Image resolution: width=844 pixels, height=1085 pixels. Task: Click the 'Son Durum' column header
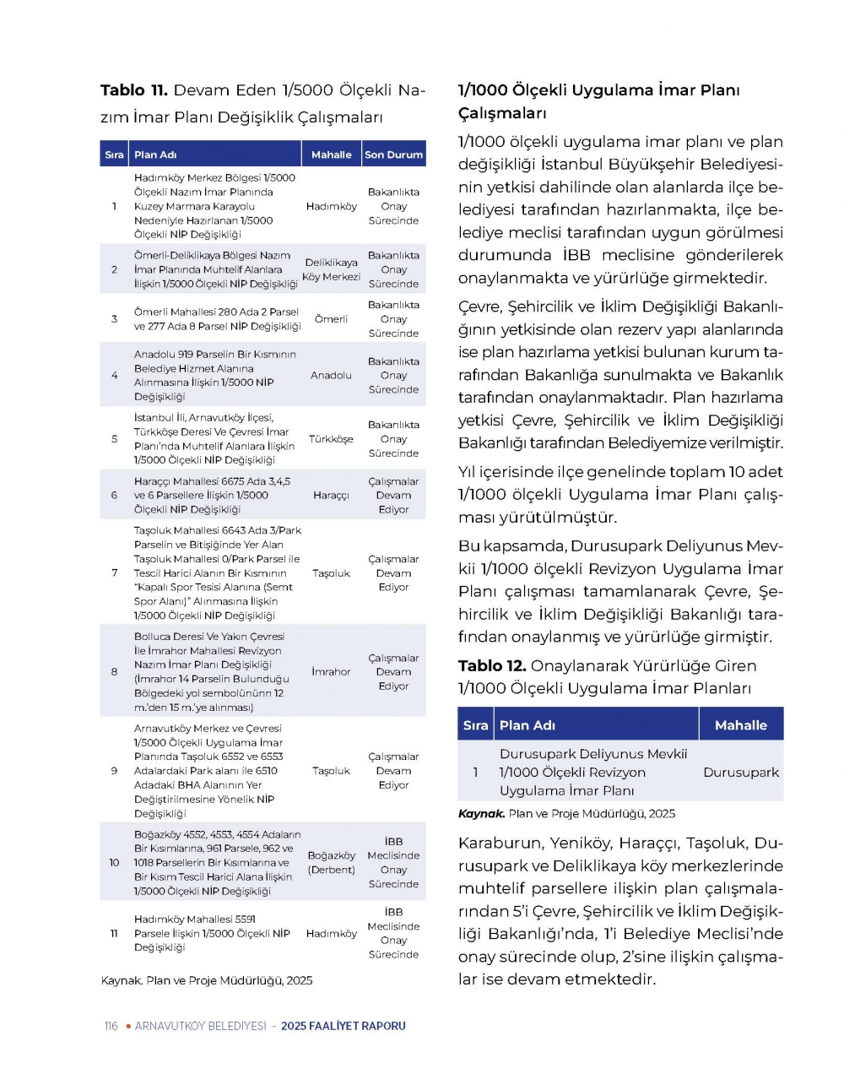(x=393, y=155)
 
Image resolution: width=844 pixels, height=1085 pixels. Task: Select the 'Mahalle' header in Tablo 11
(x=331, y=155)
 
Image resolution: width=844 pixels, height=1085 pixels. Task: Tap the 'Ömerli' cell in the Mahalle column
(x=331, y=319)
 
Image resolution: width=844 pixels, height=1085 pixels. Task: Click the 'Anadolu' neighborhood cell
(x=331, y=375)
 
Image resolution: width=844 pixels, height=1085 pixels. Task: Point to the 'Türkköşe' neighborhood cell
(x=331, y=439)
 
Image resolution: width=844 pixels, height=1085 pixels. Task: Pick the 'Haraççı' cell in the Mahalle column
(x=331, y=496)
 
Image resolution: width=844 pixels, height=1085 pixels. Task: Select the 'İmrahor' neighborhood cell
(x=331, y=672)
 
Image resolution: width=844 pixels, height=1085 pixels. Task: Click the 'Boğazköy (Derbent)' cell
(x=331, y=863)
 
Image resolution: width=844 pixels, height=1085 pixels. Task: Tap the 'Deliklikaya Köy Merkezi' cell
(x=331, y=269)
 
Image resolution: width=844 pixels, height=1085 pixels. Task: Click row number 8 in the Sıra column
(x=114, y=672)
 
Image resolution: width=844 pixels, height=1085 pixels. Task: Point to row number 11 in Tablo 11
(x=114, y=934)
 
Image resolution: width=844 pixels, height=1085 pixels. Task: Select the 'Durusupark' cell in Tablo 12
(x=741, y=773)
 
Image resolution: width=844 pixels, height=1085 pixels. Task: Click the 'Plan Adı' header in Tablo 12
(x=527, y=725)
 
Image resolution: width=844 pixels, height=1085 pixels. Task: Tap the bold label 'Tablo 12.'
(x=492, y=666)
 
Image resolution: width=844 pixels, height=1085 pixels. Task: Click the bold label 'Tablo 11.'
(x=134, y=90)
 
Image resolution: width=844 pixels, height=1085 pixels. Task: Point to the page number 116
(x=111, y=1027)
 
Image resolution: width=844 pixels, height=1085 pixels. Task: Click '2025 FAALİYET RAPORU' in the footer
(x=344, y=1027)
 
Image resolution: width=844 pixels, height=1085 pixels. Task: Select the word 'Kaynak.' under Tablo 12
(x=481, y=814)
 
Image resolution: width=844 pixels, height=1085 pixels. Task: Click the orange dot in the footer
(x=127, y=1027)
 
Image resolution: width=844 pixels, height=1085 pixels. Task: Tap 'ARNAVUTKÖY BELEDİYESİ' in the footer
(x=200, y=1027)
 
